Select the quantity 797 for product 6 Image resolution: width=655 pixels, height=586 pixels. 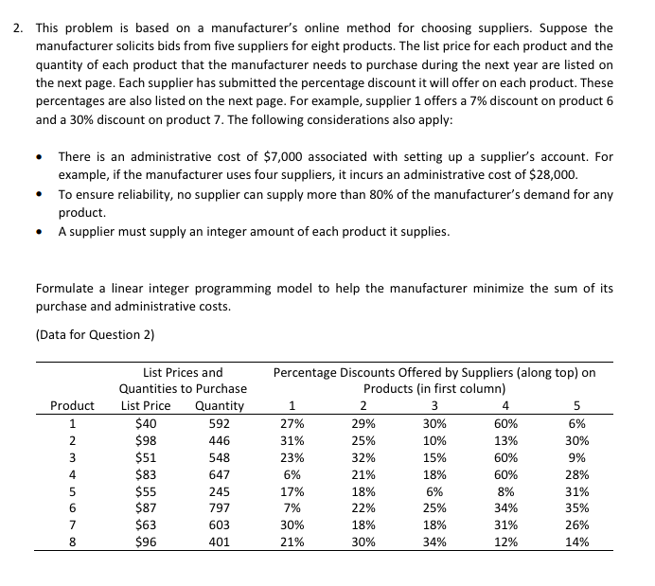tap(217, 508)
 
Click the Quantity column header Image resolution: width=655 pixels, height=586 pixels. tap(218, 406)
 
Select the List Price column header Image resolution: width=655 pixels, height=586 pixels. tap(146, 406)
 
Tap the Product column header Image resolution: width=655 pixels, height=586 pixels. tap(72, 406)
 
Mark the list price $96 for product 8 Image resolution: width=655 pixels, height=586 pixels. tap(146, 542)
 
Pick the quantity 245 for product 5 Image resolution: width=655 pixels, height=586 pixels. tap(217, 491)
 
